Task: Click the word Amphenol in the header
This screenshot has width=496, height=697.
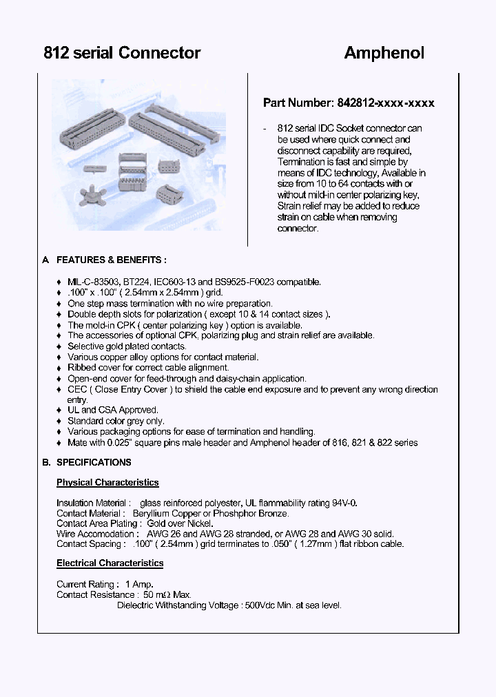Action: coord(384,53)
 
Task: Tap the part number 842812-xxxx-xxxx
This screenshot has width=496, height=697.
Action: coord(386,103)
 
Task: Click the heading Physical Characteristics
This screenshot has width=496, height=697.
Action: coord(107,483)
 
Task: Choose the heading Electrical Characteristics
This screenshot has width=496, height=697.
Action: coord(110,563)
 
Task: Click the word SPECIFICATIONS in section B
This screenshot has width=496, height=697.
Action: coord(94,462)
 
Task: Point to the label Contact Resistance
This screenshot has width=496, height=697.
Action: coord(95,594)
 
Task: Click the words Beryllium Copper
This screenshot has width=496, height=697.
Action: coord(161,513)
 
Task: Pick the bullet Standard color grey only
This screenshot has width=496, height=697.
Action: coord(115,421)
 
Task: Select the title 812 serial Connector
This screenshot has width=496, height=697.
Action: coord(122,53)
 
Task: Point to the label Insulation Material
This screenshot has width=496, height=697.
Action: coord(92,503)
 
